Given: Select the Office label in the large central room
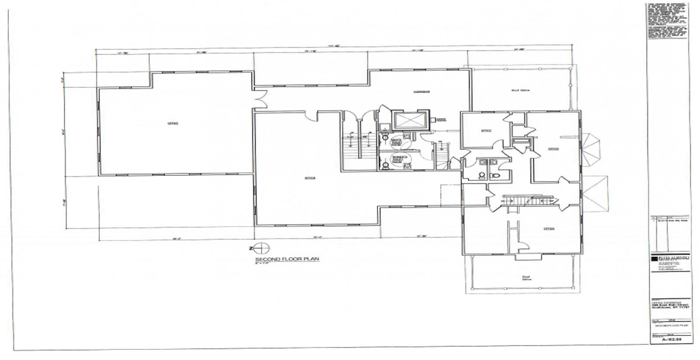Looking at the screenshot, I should [310, 178].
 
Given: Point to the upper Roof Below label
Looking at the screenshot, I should [519, 90].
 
